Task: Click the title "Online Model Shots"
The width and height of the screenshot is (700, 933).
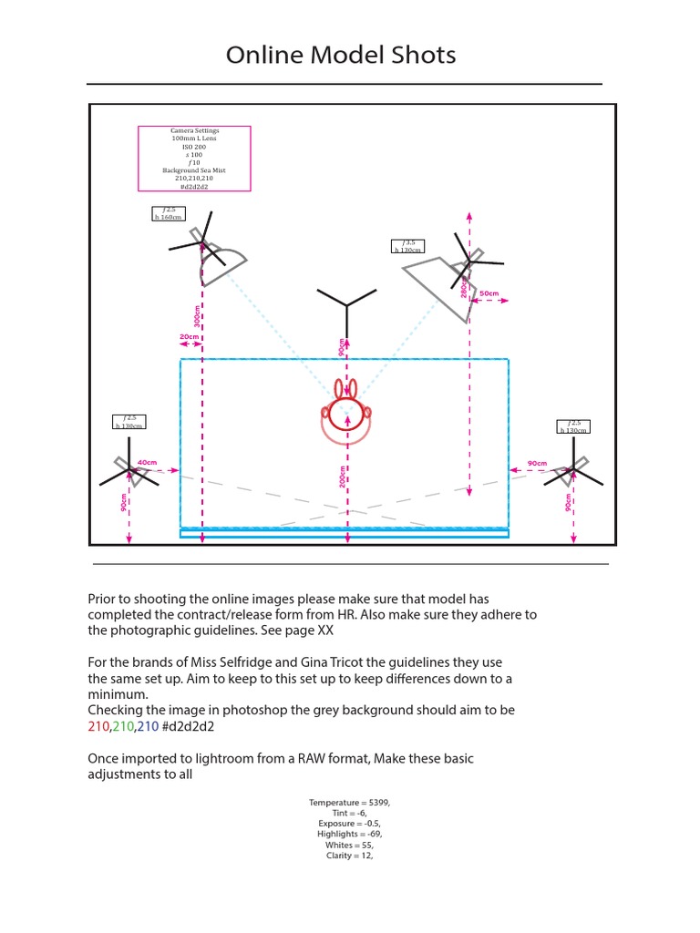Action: [341, 56]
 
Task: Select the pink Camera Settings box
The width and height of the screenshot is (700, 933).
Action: [194, 159]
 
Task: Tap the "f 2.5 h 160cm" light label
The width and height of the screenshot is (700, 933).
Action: [169, 214]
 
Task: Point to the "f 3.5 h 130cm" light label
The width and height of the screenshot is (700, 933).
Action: [408, 247]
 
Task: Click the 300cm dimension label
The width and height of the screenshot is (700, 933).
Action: [197, 315]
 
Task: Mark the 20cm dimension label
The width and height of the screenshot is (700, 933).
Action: [189, 337]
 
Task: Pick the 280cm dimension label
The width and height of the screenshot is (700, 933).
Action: [464, 289]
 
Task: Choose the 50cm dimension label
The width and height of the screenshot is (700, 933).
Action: [489, 293]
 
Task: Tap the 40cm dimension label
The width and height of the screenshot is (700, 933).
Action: [148, 463]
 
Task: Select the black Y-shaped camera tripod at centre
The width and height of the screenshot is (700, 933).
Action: [346, 306]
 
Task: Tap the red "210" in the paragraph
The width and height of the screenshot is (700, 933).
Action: [98, 727]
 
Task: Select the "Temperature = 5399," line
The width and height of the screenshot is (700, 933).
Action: [350, 802]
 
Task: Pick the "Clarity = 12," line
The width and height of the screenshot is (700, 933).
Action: [350, 856]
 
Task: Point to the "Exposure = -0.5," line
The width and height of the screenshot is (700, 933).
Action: [350, 823]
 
